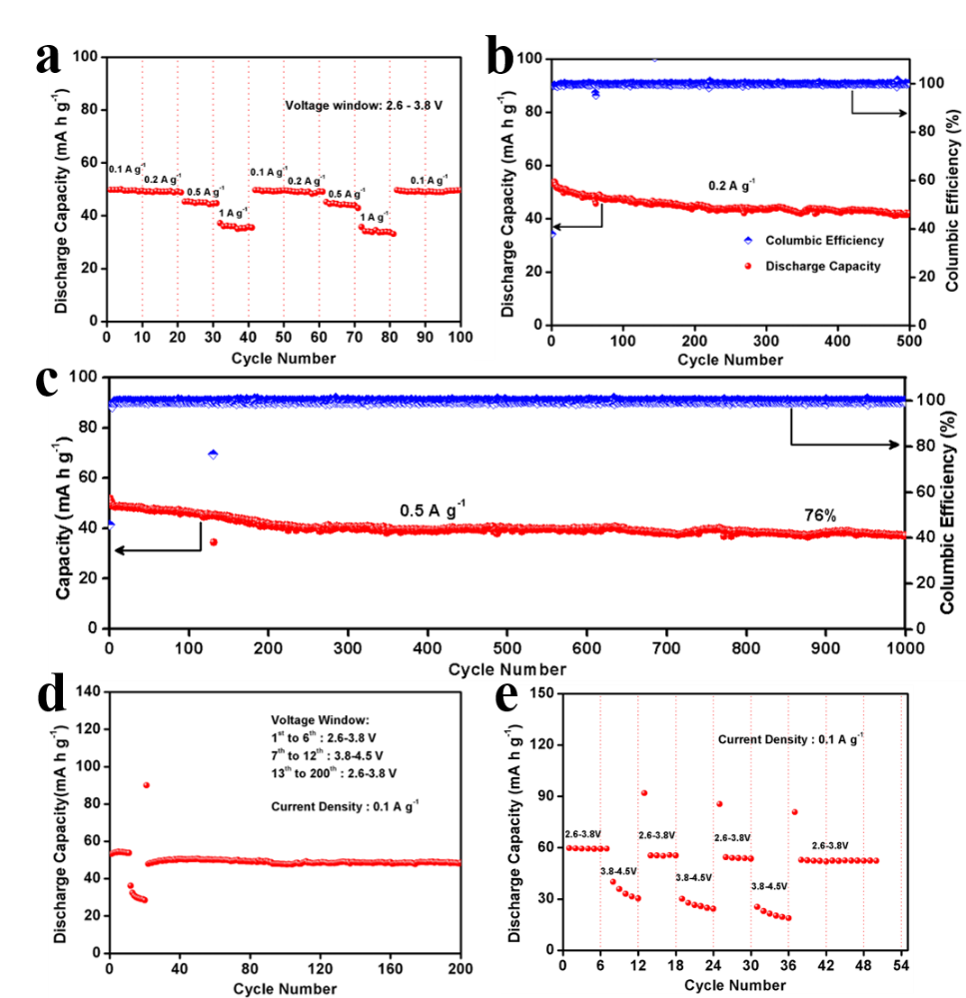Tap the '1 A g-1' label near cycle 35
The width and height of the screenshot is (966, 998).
tap(233, 212)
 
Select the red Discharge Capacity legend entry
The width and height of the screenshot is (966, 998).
tap(823, 266)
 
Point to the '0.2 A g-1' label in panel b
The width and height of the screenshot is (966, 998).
tap(732, 185)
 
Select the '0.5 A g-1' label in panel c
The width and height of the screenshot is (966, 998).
tap(433, 509)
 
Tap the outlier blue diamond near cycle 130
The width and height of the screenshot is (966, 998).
tap(213, 454)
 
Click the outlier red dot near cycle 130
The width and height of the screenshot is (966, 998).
tap(213, 541)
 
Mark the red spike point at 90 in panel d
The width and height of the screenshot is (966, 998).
tap(146, 785)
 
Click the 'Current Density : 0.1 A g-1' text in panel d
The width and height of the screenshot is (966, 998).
tap(345, 804)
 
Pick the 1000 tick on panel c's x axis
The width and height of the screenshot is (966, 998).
tap(903, 647)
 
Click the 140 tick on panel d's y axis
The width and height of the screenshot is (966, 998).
tap(91, 691)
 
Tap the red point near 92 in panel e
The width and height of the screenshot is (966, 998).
tap(644, 792)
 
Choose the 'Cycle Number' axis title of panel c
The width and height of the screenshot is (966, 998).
tap(506, 669)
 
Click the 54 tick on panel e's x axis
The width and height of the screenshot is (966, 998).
tap(903, 968)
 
